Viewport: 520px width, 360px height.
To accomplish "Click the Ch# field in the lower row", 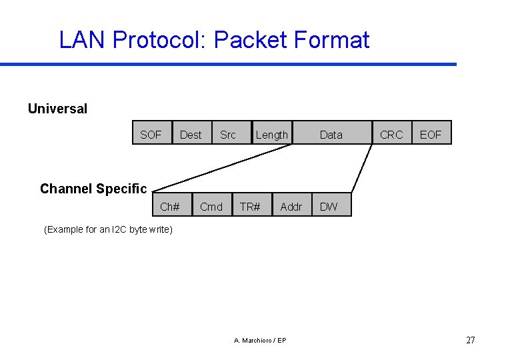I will click(171, 207).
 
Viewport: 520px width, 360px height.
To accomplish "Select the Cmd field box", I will click(211, 207).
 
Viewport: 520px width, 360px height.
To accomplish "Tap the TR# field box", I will click(251, 207).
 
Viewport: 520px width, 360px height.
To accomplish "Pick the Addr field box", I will click(291, 207).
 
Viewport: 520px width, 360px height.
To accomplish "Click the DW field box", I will click(329, 207).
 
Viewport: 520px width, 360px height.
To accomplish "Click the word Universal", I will click(57, 109).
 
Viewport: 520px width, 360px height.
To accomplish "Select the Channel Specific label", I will click(93, 189).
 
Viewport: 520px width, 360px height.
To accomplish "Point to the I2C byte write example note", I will click(107, 230).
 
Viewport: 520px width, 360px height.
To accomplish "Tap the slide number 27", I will click(471, 340).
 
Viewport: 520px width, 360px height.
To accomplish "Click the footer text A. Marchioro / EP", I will click(260, 341).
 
